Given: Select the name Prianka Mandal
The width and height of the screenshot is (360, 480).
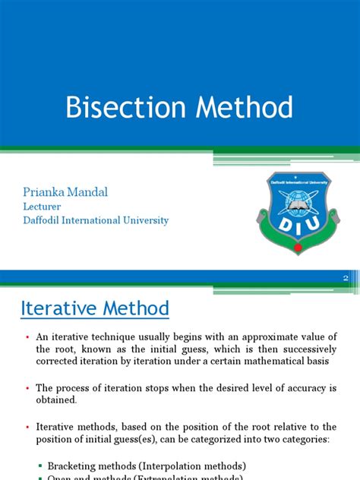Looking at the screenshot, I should click(66, 192).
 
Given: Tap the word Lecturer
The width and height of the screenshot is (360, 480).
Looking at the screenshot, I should click(42, 207).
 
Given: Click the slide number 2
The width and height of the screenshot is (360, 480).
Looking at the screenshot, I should click(346, 279).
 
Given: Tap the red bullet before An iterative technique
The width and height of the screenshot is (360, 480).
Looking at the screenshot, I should click(26, 337).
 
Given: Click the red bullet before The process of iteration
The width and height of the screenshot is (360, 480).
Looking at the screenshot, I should click(26, 387).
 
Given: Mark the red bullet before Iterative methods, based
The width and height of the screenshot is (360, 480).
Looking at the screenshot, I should click(26, 426).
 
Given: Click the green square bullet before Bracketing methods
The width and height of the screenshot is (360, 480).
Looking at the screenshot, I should click(39, 465).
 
